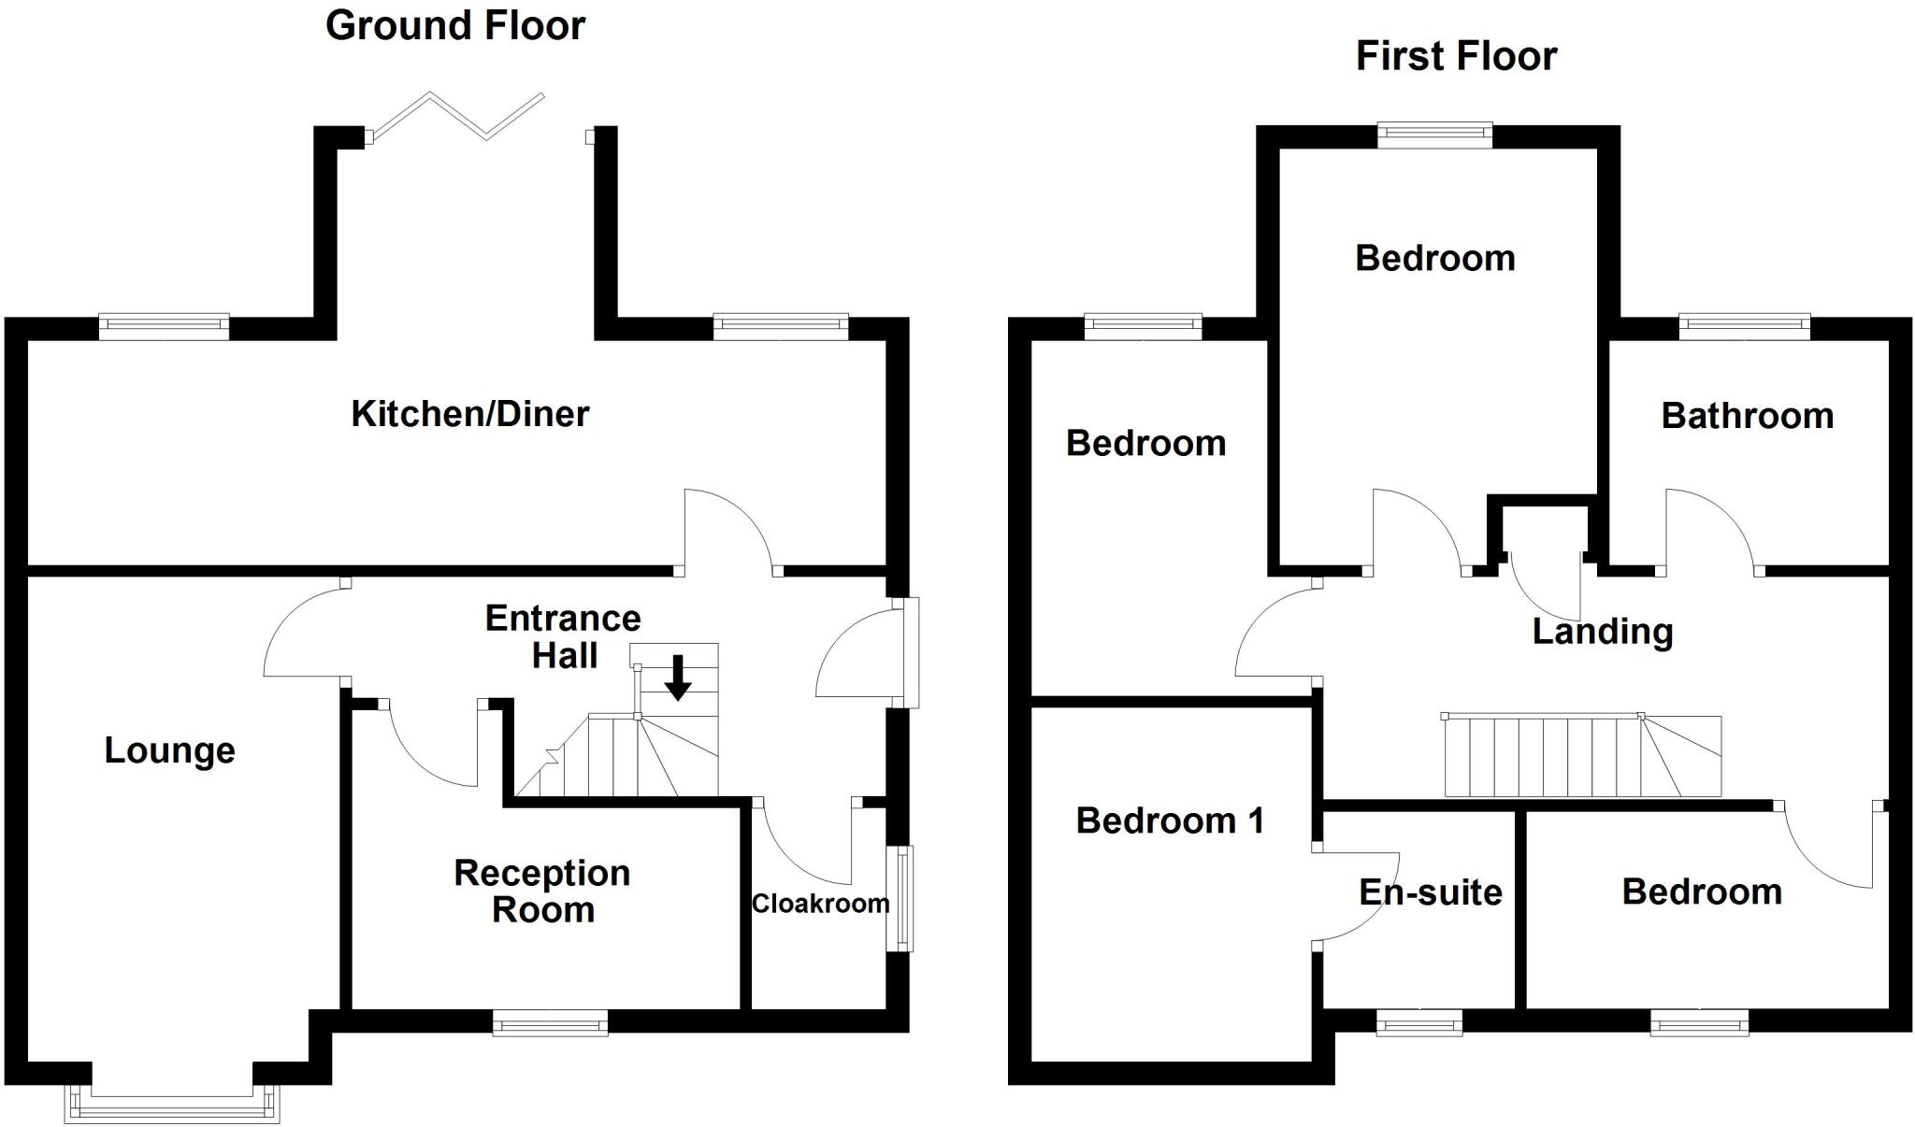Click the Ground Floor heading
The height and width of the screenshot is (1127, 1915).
455,26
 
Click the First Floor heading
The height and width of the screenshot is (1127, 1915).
1456,56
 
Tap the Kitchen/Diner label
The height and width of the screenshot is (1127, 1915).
470,414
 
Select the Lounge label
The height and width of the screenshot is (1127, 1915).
169,750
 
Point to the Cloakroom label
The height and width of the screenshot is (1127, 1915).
820,904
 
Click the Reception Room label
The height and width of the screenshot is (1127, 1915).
542,891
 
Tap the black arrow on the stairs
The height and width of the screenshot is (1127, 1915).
678,678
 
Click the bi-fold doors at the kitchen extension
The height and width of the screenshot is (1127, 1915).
456,116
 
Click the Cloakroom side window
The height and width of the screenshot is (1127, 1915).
900,898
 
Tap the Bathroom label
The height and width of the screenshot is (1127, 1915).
1747,416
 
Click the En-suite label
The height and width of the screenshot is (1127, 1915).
1430,892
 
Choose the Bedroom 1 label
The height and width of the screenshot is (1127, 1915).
1170,820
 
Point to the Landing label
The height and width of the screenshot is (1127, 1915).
1602,632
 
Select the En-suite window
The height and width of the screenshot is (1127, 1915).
1419,1025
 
